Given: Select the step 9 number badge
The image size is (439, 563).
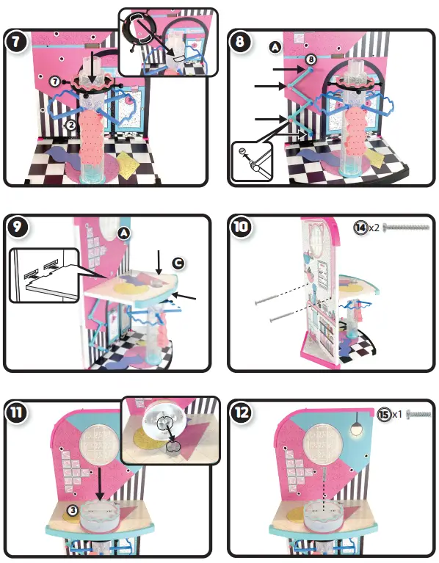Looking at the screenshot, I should pos(15,226).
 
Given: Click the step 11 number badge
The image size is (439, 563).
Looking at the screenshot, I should pos(15,412).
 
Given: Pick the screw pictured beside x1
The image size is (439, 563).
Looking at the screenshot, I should pos(416,414).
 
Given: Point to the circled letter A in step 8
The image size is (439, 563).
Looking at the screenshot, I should pos(275,46).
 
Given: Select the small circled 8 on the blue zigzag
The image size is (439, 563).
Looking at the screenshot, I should pos(311,59).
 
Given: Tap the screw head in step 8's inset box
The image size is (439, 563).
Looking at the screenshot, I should pos(242,153).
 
